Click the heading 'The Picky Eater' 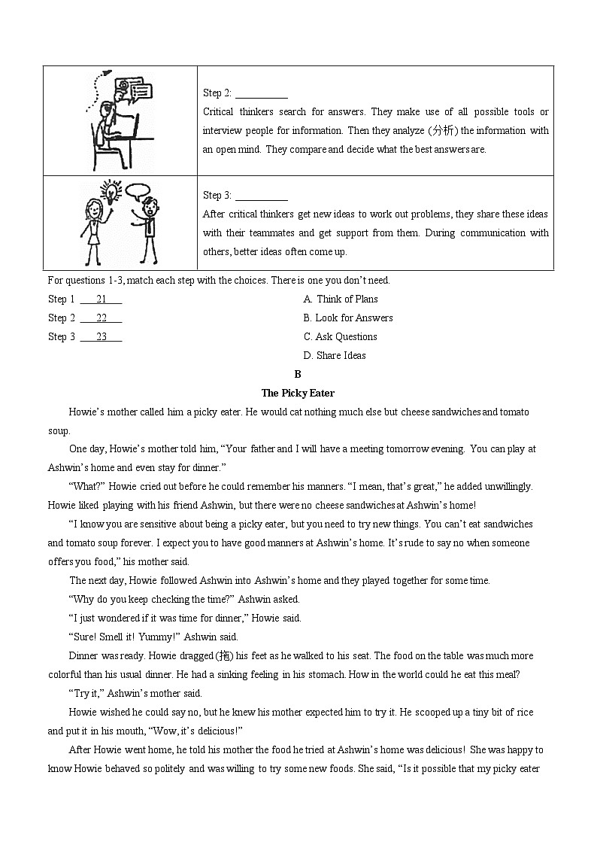298,393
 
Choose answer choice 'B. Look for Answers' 347,318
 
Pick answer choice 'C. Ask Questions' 340,336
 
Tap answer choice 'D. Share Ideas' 335,355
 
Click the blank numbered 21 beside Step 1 102,299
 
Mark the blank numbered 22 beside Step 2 102,318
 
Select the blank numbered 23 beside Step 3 102,336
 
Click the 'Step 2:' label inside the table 217,93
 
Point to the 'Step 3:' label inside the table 217,196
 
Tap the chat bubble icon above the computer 140,93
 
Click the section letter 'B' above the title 298,374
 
